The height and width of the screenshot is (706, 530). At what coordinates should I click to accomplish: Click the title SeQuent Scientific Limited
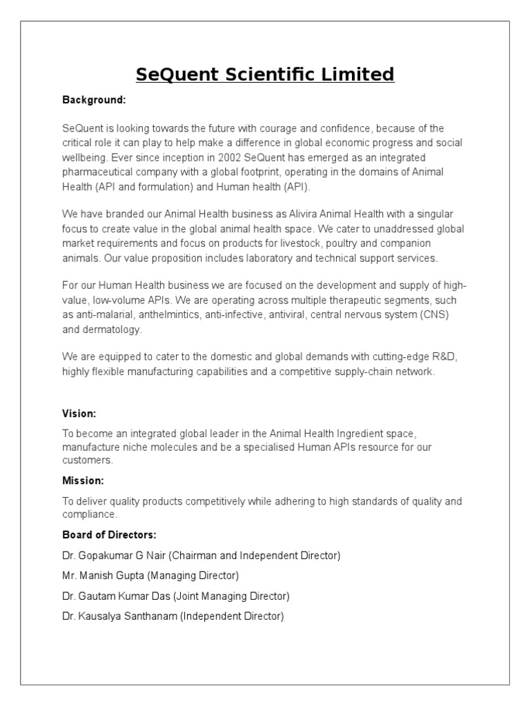coord(265,74)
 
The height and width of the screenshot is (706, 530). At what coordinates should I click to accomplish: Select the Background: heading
coord(94,100)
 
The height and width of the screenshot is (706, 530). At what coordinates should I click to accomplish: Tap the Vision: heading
coord(79,414)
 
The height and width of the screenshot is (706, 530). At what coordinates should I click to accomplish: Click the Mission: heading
coord(83,480)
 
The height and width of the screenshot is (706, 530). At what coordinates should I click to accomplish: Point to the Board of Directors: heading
coord(110,534)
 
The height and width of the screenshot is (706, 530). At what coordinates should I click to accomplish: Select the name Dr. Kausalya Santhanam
coord(119,616)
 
